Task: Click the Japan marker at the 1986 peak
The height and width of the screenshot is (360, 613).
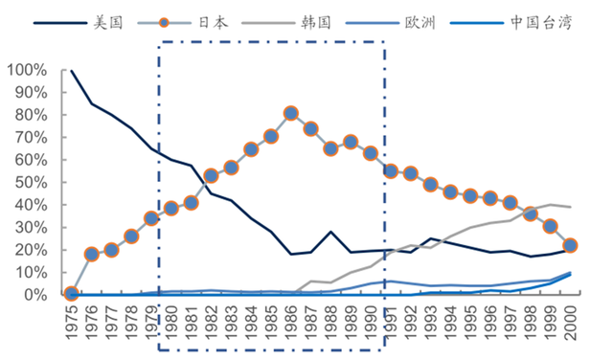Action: (290, 113)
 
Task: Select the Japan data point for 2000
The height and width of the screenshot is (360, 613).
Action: (570, 245)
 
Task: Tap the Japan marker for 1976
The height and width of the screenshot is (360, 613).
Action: (92, 255)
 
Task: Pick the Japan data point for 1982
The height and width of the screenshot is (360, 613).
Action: (211, 176)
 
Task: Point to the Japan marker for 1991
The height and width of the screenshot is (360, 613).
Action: (391, 171)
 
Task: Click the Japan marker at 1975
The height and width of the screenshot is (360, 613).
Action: (71, 293)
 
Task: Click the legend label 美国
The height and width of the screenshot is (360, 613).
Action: (108, 23)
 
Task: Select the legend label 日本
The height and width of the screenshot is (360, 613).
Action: (213, 23)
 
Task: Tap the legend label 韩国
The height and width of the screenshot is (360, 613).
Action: (316, 23)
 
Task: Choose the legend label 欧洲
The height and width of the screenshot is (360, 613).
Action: (420, 23)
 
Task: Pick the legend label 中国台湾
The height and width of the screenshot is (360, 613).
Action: (541, 23)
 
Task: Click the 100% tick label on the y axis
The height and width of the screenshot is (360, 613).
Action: (27, 70)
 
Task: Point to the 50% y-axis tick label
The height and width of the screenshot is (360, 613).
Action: (32, 183)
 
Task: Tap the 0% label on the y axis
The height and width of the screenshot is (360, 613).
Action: (35, 295)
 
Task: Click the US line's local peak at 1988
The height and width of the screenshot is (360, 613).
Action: (330, 232)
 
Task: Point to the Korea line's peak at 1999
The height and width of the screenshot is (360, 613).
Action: (550, 205)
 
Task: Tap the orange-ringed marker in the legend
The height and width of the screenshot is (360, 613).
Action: (164, 23)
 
